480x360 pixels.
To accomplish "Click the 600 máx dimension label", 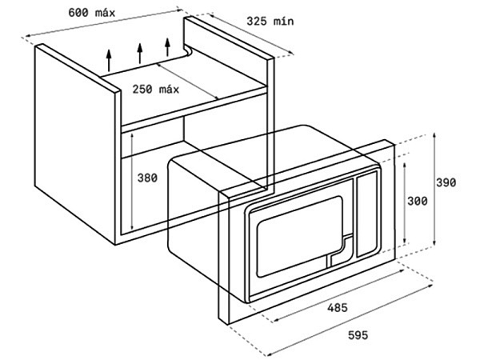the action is click(x=91, y=13).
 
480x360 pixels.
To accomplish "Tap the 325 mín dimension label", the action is click(x=270, y=21).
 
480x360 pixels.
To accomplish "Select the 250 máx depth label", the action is click(x=155, y=89).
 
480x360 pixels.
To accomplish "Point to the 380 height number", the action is click(x=147, y=178).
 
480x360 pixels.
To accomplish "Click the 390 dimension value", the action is click(x=446, y=182).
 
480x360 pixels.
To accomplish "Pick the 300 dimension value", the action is click(x=418, y=201).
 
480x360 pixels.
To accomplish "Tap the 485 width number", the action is click(x=338, y=307).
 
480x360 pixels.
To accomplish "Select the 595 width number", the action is click(x=358, y=335).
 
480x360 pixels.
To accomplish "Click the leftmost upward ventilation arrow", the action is click(x=109, y=60).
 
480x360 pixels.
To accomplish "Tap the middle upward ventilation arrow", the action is click(x=140, y=54).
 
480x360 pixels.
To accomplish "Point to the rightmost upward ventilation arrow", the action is click(x=167, y=47).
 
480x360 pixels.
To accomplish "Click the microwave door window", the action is click(x=299, y=236).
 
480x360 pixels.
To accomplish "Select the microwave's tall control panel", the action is click(x=366, y=214).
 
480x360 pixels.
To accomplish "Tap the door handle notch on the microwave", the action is click(x=340, y=250).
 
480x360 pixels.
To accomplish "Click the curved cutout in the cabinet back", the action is click(x=187, y=51).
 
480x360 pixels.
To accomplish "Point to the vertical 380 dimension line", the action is click(x=132, y=181).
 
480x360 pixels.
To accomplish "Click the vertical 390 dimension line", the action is click(x=434, y=189).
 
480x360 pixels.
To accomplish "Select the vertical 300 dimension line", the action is click(x=405, y=203).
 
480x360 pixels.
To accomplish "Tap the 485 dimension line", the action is click(x=338, y=296).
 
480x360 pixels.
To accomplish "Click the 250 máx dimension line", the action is click(x=187, y=82).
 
